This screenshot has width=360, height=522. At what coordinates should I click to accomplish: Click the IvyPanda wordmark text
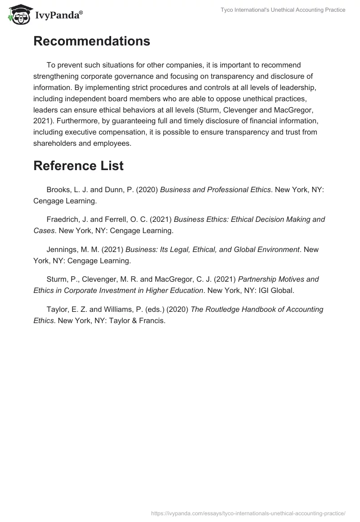[x=58, y=15]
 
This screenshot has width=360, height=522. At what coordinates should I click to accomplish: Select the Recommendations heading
[x=92, y=41]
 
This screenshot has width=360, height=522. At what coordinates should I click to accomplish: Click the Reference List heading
[x=78, y=166]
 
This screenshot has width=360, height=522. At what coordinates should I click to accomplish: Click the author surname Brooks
[x=58, y=190]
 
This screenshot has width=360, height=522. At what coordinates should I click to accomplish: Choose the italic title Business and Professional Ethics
[x=216, y=190]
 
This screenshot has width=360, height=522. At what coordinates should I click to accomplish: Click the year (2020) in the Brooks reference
[x=147, y=190]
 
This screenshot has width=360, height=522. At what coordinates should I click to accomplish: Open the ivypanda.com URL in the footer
[x=248, y=513]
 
